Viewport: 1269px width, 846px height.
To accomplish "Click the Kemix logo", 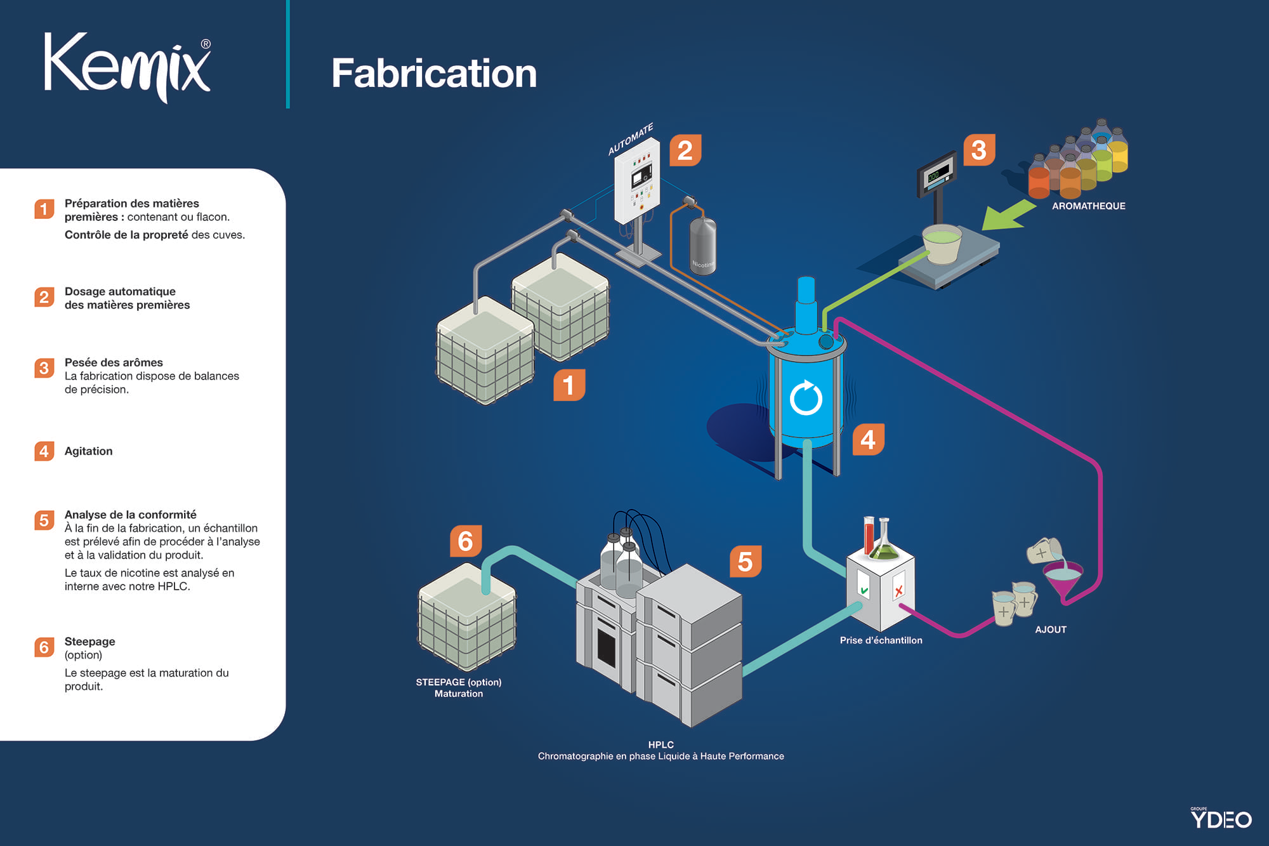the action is [x=128, y=67].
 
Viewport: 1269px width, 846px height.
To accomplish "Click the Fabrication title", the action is [x=434, y=73].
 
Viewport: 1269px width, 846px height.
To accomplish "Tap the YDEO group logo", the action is [x=1221, y=818].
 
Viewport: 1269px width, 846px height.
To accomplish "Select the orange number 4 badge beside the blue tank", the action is [x=868, y=439].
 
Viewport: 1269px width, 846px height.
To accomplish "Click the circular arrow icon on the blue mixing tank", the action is [x=806, y=397].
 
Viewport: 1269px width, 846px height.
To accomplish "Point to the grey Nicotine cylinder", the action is [x=702, y=246].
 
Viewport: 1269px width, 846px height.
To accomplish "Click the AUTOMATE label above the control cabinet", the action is [x=630, y=139].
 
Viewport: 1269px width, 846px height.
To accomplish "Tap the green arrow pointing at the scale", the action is [x=1008, y=215].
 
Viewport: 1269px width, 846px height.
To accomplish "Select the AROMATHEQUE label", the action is [x=1088, y=206].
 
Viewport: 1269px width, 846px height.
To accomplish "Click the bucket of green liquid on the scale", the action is [x=942, y=243].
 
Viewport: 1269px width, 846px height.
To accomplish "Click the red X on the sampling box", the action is [x=898, y=591].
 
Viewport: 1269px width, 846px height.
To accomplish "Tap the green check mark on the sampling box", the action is [x=864, y=590].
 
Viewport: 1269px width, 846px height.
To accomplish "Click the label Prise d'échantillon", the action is [x=881, y=640].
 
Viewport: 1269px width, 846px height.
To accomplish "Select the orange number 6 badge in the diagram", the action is [x=466, y=541].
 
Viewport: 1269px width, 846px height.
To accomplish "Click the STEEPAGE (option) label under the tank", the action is [x=458, y=682].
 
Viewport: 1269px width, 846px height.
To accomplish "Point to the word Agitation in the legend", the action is [x=88, y=451].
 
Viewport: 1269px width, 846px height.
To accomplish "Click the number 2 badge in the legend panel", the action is [x=44, y=297].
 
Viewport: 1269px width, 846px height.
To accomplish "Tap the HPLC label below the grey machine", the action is [x=661, y=744].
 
